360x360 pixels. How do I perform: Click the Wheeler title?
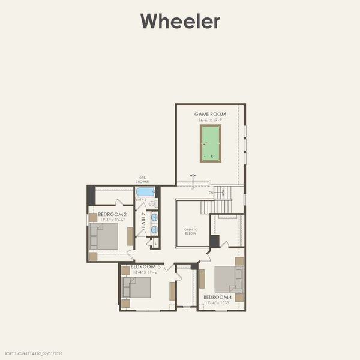point(180,22)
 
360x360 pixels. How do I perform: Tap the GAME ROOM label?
point(209,114)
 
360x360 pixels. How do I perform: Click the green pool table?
point(210,143)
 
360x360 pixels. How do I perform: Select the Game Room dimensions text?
point(209,120)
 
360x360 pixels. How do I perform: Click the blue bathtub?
point(145,192)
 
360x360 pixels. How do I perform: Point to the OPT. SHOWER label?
point(143,179)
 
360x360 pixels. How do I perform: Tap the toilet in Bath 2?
point(152,203)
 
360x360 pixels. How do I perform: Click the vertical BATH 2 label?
point(143,220)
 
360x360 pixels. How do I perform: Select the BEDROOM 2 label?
point(112,214)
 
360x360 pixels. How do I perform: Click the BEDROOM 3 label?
point(145,266)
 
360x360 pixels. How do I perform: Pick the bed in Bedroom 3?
point(136,287)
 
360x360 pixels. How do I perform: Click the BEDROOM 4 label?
point(217,297)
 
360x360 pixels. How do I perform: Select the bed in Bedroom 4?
point(229,278)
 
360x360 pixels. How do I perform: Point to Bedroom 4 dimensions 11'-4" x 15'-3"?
point(217,303)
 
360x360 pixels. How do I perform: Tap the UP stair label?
point(193,188)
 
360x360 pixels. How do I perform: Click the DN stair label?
point(211,193)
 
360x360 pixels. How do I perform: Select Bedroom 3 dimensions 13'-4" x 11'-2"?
point(145,272)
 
